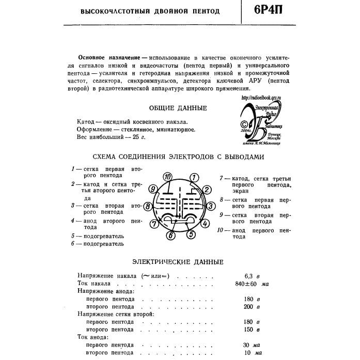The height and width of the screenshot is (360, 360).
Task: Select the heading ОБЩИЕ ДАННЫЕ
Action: point(178,108)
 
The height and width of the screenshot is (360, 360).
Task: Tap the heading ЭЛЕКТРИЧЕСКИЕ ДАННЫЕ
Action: point(178,262)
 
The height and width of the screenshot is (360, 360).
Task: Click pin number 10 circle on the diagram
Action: point(167,177)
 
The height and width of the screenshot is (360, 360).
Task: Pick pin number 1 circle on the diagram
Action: point(193,178)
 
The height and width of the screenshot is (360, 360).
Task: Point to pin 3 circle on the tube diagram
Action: point(211,206)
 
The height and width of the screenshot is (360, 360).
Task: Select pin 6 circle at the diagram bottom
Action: point(171,236)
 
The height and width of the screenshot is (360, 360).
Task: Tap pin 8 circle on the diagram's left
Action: point(148,207)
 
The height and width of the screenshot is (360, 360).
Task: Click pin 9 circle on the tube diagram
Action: point(152,189)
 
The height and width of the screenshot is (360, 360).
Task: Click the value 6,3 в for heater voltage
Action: point(252,276)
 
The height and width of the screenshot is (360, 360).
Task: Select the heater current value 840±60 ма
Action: point(252,284)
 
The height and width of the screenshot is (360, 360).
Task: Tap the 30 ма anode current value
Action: point(252,345)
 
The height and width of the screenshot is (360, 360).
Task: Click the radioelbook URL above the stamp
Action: point(263,97)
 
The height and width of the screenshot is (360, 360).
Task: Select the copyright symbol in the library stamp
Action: point(243,124)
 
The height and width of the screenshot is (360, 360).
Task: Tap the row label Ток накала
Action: point(93,284)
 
